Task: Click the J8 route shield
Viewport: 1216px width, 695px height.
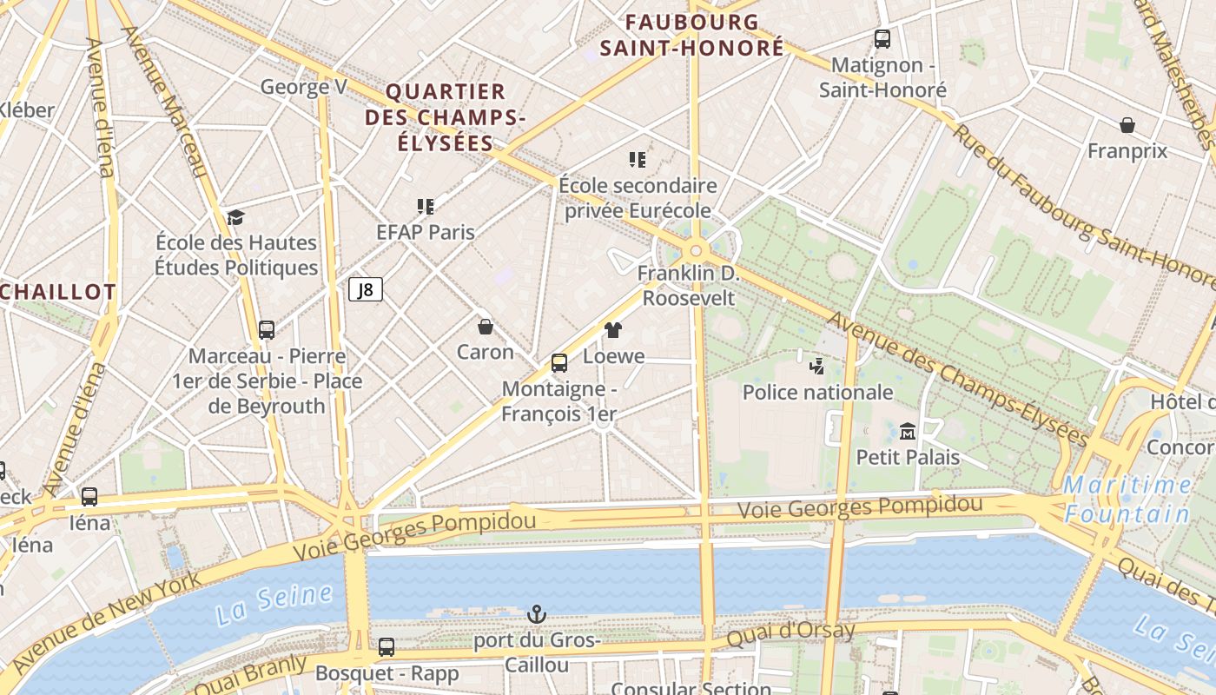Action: [366, 289]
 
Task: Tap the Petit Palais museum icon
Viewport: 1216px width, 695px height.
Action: [908, 431]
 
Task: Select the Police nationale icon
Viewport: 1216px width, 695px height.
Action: [816, 366]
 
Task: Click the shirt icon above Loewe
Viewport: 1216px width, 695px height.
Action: [613, 329]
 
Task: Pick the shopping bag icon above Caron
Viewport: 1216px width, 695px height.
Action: [486, 327]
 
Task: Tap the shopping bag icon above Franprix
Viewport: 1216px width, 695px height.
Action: [1127, 125]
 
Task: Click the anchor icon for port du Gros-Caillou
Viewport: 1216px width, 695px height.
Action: [537, 614]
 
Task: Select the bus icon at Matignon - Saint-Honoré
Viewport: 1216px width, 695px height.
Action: [882, 38]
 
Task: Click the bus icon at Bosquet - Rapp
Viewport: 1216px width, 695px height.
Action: [387, 646]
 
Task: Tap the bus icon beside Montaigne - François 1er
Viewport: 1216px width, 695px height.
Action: [559, 362]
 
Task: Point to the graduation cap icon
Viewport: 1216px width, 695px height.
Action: [235, 216]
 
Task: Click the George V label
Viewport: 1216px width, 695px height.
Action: [304, 87]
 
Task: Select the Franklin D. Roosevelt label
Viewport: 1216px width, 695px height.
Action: [688, 286]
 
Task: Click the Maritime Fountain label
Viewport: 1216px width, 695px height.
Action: [1127, 500]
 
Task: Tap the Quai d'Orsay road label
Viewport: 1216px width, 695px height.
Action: [790, 632]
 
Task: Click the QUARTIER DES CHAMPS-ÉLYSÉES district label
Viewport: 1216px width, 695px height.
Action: [446, 117]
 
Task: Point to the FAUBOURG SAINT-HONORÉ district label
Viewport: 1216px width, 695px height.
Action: [692, 35]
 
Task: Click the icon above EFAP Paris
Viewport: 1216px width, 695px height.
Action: [426, 206]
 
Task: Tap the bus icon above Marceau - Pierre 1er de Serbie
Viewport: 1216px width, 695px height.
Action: [267, 330]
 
